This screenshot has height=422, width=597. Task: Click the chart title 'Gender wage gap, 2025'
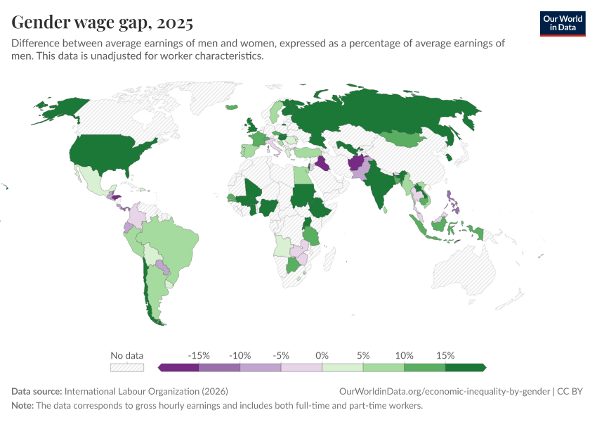102,23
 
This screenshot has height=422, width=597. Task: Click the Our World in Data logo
562,23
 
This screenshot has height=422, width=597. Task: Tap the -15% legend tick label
199,355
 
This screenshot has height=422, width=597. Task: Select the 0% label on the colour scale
322,355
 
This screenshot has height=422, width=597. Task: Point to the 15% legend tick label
445,355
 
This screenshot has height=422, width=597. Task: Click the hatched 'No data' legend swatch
127,367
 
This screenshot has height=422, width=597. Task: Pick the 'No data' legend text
127,355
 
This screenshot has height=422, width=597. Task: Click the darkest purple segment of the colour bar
180,367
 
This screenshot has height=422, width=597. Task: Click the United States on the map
112,151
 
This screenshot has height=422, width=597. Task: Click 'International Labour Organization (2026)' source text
145,391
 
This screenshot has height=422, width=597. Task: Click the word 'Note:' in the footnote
22,405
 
